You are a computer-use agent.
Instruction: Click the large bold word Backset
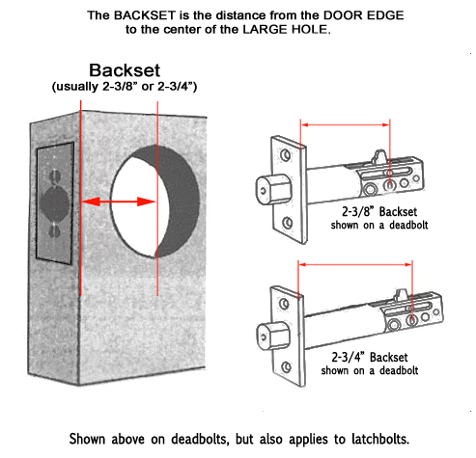(x=125, y=70)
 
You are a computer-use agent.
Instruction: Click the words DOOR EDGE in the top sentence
(x=363, y=15)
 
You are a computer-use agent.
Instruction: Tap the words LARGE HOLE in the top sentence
(x=286, y=30)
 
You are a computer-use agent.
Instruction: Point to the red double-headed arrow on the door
(x=119, y=202)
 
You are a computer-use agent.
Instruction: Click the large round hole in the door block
(x=154, y=202)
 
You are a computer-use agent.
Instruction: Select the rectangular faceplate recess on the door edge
(x=55, y=203)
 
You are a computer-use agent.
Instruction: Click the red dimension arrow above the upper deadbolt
(x=345, y=124)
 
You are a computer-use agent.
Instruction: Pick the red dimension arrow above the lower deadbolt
(x=355, y=264)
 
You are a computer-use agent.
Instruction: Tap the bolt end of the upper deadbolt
(x=273, y=189)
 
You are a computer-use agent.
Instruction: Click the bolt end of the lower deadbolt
(x=273, y=336)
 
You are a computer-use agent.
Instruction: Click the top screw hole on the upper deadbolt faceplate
(x=285, y=155)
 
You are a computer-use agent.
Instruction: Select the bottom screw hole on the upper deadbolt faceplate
(x=288, y=223)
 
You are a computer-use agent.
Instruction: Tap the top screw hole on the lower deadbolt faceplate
(x=284, y=304)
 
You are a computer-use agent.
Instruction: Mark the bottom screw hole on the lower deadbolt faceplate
(x=286, y=366)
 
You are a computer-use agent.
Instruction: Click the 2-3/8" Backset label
(x=379, y=212)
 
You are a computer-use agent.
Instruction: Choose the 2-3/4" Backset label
(x=370, y=358)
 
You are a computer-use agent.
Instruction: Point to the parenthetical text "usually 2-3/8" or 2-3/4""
(x=125, y=87)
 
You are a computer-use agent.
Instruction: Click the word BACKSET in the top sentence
(x=145, y=15)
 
